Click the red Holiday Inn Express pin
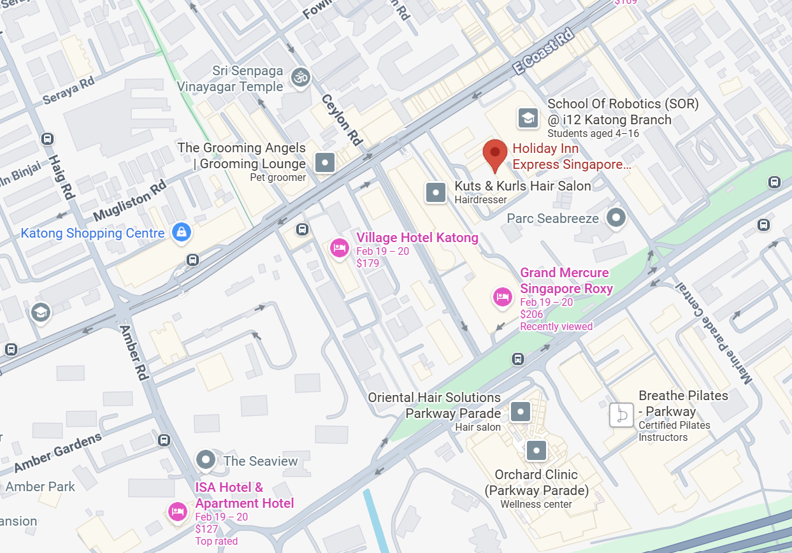[x=495, y=154]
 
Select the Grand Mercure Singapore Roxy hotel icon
[x=503, y=296]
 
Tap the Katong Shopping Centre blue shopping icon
[x=182, y=233]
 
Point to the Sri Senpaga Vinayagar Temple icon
[x=299, y=78]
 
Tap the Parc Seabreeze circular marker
[x=616, y=218]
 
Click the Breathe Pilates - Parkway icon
[x=621, y=415]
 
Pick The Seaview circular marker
[x=205, y=459]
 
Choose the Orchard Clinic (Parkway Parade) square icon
[x=536, y=451]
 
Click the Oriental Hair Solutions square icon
[x=521, y=412]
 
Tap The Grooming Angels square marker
[x=326, y=162]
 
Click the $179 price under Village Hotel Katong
[x=368, y=263]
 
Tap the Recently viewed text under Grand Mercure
[x=556, y=326]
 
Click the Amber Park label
[x=40, y=487]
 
